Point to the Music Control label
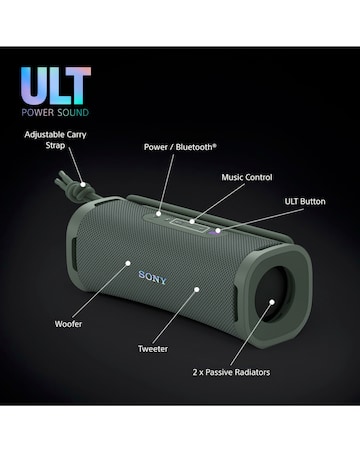point(247,176)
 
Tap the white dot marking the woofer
point(127,264)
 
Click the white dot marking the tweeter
point(197,289)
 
